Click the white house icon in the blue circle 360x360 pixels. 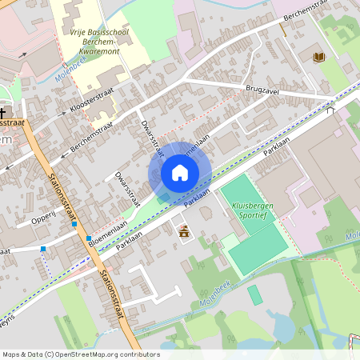[180, 173]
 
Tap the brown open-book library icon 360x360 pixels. [319, 57]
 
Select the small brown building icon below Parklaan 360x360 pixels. [185, 232]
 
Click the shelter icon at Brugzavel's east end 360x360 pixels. [330, 110]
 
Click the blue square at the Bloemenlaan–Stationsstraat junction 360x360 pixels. [89, 238]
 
